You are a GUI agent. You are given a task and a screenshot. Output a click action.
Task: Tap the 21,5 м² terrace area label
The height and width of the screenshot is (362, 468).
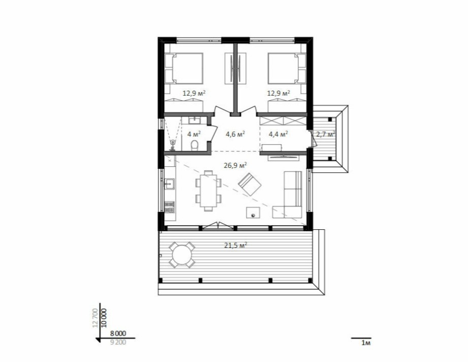(235, 245)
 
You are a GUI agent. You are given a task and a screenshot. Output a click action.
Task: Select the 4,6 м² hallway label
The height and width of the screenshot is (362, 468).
(235, 134)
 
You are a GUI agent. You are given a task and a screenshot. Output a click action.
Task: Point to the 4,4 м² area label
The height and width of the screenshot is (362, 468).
(278, 134)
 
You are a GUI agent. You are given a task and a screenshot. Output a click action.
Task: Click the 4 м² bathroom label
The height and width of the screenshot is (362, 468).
(194, 134)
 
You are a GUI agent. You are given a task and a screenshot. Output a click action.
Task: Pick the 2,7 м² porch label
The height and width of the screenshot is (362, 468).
(325, 134)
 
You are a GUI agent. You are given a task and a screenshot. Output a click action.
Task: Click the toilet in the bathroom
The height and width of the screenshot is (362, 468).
(194, 145)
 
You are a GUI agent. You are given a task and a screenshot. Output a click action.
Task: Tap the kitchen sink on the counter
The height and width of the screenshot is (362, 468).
(169, 184)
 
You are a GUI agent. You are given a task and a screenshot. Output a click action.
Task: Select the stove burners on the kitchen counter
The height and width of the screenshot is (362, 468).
(169, 207)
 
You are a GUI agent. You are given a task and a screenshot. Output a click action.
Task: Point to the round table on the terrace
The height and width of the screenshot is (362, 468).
(182, 255)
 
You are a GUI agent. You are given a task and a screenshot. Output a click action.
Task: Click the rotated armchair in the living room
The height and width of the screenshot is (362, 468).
(249, 184)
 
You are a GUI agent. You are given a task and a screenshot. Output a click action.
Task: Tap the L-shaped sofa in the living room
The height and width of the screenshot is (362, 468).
(289, 194)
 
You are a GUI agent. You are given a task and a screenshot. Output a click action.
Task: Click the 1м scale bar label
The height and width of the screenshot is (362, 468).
(366, 343)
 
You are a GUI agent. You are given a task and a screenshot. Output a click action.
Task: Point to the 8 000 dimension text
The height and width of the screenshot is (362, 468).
(118, 334)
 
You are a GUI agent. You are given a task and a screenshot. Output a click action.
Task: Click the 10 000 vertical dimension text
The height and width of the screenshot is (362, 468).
(104, 318)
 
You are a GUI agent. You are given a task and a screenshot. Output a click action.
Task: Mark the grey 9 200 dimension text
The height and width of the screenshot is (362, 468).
(118, 342)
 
